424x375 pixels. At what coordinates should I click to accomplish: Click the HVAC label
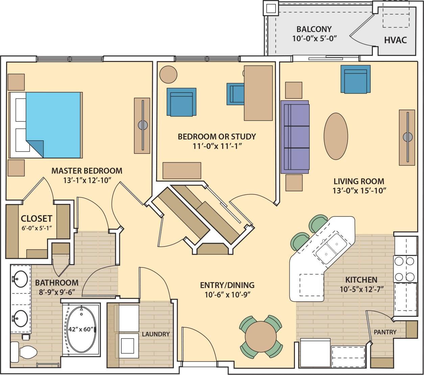(395, 40)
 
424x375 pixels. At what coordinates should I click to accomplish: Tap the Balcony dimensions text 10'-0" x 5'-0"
(315, 38)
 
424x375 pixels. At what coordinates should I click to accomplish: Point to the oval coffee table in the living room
(335, 136)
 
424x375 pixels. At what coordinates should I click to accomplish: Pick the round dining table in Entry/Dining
(261, 337)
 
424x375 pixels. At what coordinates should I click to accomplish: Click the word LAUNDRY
(156, 334)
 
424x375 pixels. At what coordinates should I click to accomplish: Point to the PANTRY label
(385, 332)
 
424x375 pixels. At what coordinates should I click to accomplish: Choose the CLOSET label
(36, 218)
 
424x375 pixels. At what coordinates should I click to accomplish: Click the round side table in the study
(168, 74)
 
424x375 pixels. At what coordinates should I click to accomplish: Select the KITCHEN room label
(361, 280)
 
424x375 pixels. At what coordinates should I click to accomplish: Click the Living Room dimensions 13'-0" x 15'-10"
(359, 190)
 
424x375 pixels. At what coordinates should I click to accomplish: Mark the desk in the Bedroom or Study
(258, 93)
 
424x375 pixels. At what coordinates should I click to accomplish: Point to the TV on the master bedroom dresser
(143, 125)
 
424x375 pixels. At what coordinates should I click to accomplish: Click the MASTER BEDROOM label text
(87, 171)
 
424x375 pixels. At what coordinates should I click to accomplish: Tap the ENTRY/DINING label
(227, 285)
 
